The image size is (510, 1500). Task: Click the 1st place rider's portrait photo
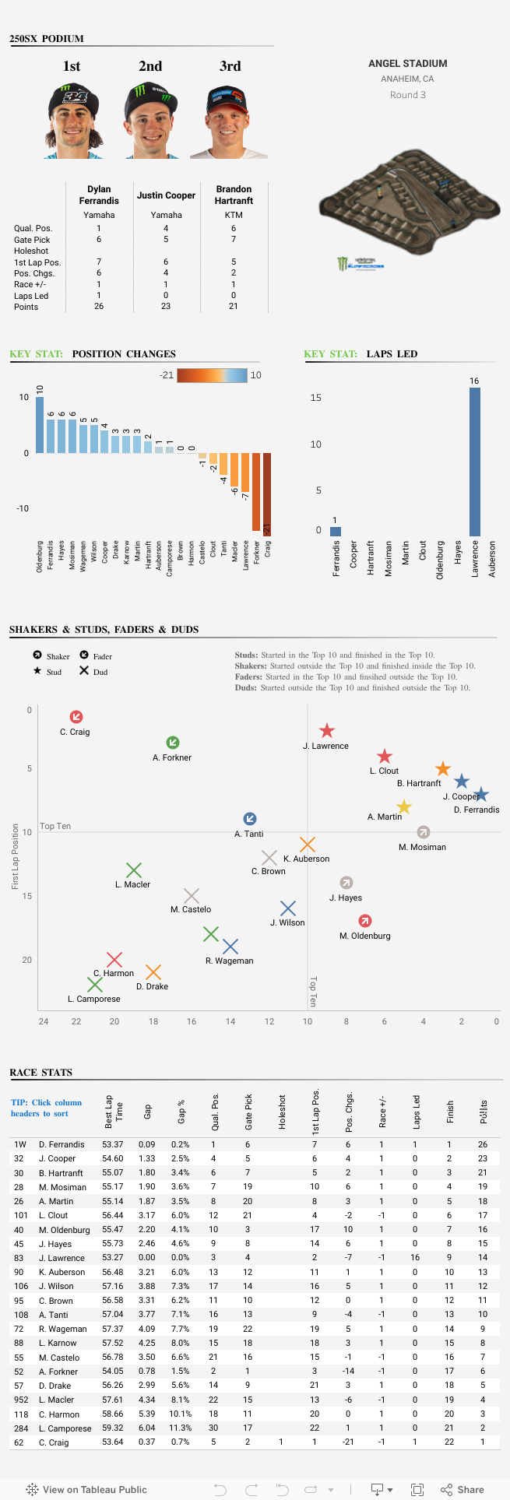[72, 121]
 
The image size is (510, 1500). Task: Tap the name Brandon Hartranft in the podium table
[234, 195]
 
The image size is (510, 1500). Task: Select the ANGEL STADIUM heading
[407, 64]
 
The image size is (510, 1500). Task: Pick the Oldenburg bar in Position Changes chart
[40, 425]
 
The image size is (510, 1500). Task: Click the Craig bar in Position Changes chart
[267, 494]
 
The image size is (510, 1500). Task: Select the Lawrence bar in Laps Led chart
[474, 461]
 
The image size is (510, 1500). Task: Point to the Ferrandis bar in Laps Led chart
[336, 532]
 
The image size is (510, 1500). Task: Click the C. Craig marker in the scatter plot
[76, 717]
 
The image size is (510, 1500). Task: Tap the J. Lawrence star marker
[327, 731]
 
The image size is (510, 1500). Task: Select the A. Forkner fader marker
[173, 743]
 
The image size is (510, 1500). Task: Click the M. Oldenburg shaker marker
[364, 922]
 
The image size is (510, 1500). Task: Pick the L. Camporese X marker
[95, 985]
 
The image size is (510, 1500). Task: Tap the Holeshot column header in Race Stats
[282, 1114]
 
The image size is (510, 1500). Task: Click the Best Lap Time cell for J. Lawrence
[112, 1258]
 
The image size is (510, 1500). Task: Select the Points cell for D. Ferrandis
[483, 1144]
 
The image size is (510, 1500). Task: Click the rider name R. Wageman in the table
[62, 1329]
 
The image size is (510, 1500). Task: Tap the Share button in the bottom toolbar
[463, 1489]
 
